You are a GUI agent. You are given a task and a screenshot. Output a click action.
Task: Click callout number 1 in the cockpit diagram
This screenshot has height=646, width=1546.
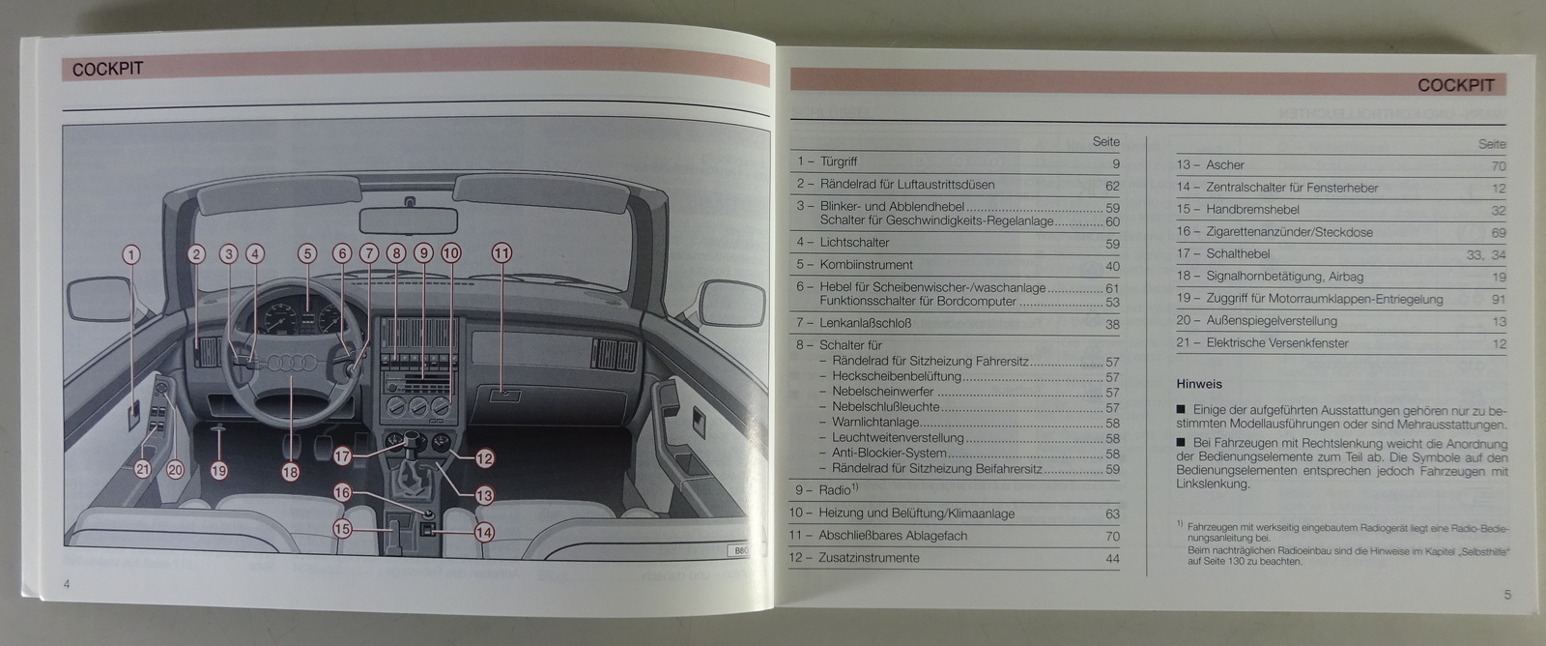130,255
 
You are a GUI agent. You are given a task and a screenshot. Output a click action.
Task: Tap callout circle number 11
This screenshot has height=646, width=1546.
501,253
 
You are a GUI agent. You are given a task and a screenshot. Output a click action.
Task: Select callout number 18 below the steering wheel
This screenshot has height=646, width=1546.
291,472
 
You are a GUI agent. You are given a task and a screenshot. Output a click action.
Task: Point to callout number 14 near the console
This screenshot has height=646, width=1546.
483,531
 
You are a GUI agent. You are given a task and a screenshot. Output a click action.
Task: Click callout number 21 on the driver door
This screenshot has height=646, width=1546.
143,470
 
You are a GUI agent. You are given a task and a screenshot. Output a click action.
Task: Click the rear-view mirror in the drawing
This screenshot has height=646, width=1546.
410,218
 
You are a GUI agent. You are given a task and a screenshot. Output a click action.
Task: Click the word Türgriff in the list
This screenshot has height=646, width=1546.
838,161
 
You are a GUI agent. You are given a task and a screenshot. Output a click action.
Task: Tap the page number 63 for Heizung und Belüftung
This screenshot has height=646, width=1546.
1112,514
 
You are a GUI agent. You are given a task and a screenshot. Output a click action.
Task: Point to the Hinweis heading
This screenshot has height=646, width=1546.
1199,384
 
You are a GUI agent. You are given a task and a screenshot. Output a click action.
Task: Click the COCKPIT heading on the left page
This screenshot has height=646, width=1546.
107,70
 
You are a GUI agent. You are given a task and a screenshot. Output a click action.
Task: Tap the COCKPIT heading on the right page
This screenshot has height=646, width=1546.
1455,85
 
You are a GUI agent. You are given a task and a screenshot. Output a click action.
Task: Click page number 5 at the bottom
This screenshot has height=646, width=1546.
1507,595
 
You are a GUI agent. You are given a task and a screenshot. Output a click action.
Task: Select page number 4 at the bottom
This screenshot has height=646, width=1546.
67,583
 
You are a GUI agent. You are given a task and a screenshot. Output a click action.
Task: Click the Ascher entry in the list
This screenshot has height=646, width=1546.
1224,165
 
